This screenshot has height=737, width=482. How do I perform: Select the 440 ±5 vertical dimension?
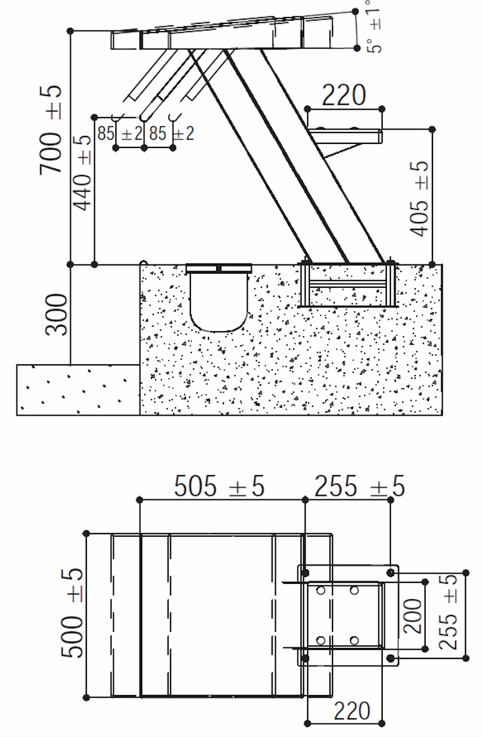pos(82,173)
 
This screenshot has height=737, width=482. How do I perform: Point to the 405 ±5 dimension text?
pos(419,199)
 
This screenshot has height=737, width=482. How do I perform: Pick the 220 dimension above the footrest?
pos(344,95)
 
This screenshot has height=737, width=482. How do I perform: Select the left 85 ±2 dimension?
pos(119,134)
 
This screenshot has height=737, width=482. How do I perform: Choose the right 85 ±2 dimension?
pos(171,134)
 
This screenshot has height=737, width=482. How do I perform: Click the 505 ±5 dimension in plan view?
pos(219,487)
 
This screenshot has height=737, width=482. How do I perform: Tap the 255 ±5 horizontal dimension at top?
pos(359,487)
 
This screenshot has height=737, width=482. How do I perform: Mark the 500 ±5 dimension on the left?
pos(72,613)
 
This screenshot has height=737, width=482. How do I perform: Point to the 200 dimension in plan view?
pos(413,616)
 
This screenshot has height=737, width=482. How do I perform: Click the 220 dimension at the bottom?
pos(352,711)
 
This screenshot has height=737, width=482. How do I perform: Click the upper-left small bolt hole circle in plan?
pos(321,591)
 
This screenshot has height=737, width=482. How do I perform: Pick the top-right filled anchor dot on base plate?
pos(391,572)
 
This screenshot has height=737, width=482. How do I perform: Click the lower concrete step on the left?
pos(78,389)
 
